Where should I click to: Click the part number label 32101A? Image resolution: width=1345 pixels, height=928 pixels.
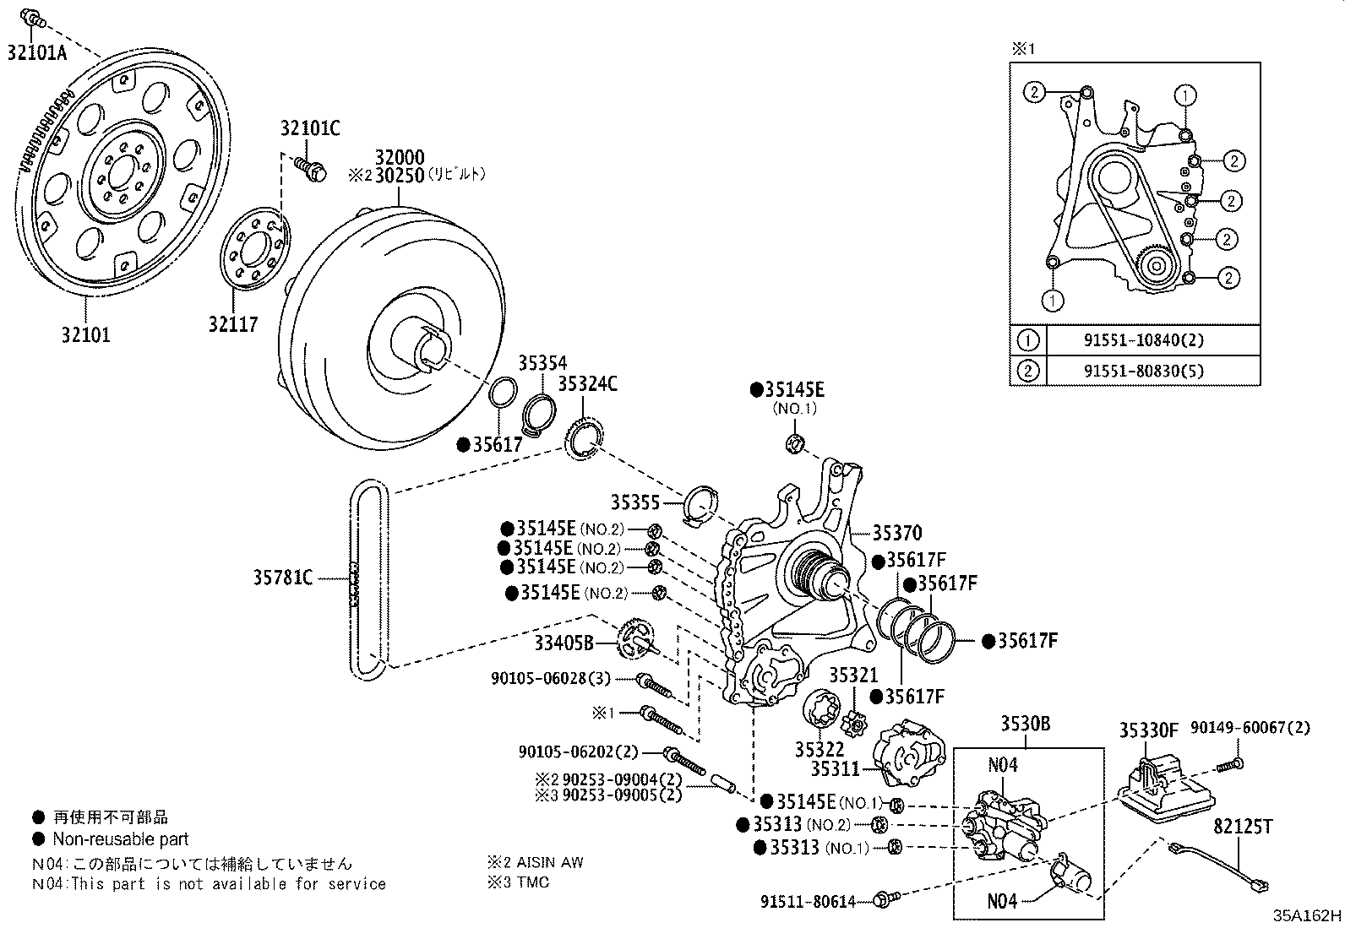tap(37, 52)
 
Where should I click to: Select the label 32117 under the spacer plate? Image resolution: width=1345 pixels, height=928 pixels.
tap(233, 323)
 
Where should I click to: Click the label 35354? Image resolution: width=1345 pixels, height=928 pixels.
tap(542, 363)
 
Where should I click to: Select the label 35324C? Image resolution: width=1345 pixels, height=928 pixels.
tap(587, 384)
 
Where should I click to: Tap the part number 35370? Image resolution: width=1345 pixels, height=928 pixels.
tap(897, 533)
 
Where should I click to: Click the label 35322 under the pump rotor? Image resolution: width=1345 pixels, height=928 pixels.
tap(820, 750)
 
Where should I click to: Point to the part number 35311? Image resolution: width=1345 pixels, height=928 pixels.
tap(835, 769)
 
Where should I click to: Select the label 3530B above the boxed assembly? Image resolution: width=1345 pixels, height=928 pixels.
tap(1026, 724)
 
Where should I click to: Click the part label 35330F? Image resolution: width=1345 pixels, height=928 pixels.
tap(1149, 730)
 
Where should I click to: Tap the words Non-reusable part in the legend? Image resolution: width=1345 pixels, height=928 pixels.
tap(121, 839)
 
